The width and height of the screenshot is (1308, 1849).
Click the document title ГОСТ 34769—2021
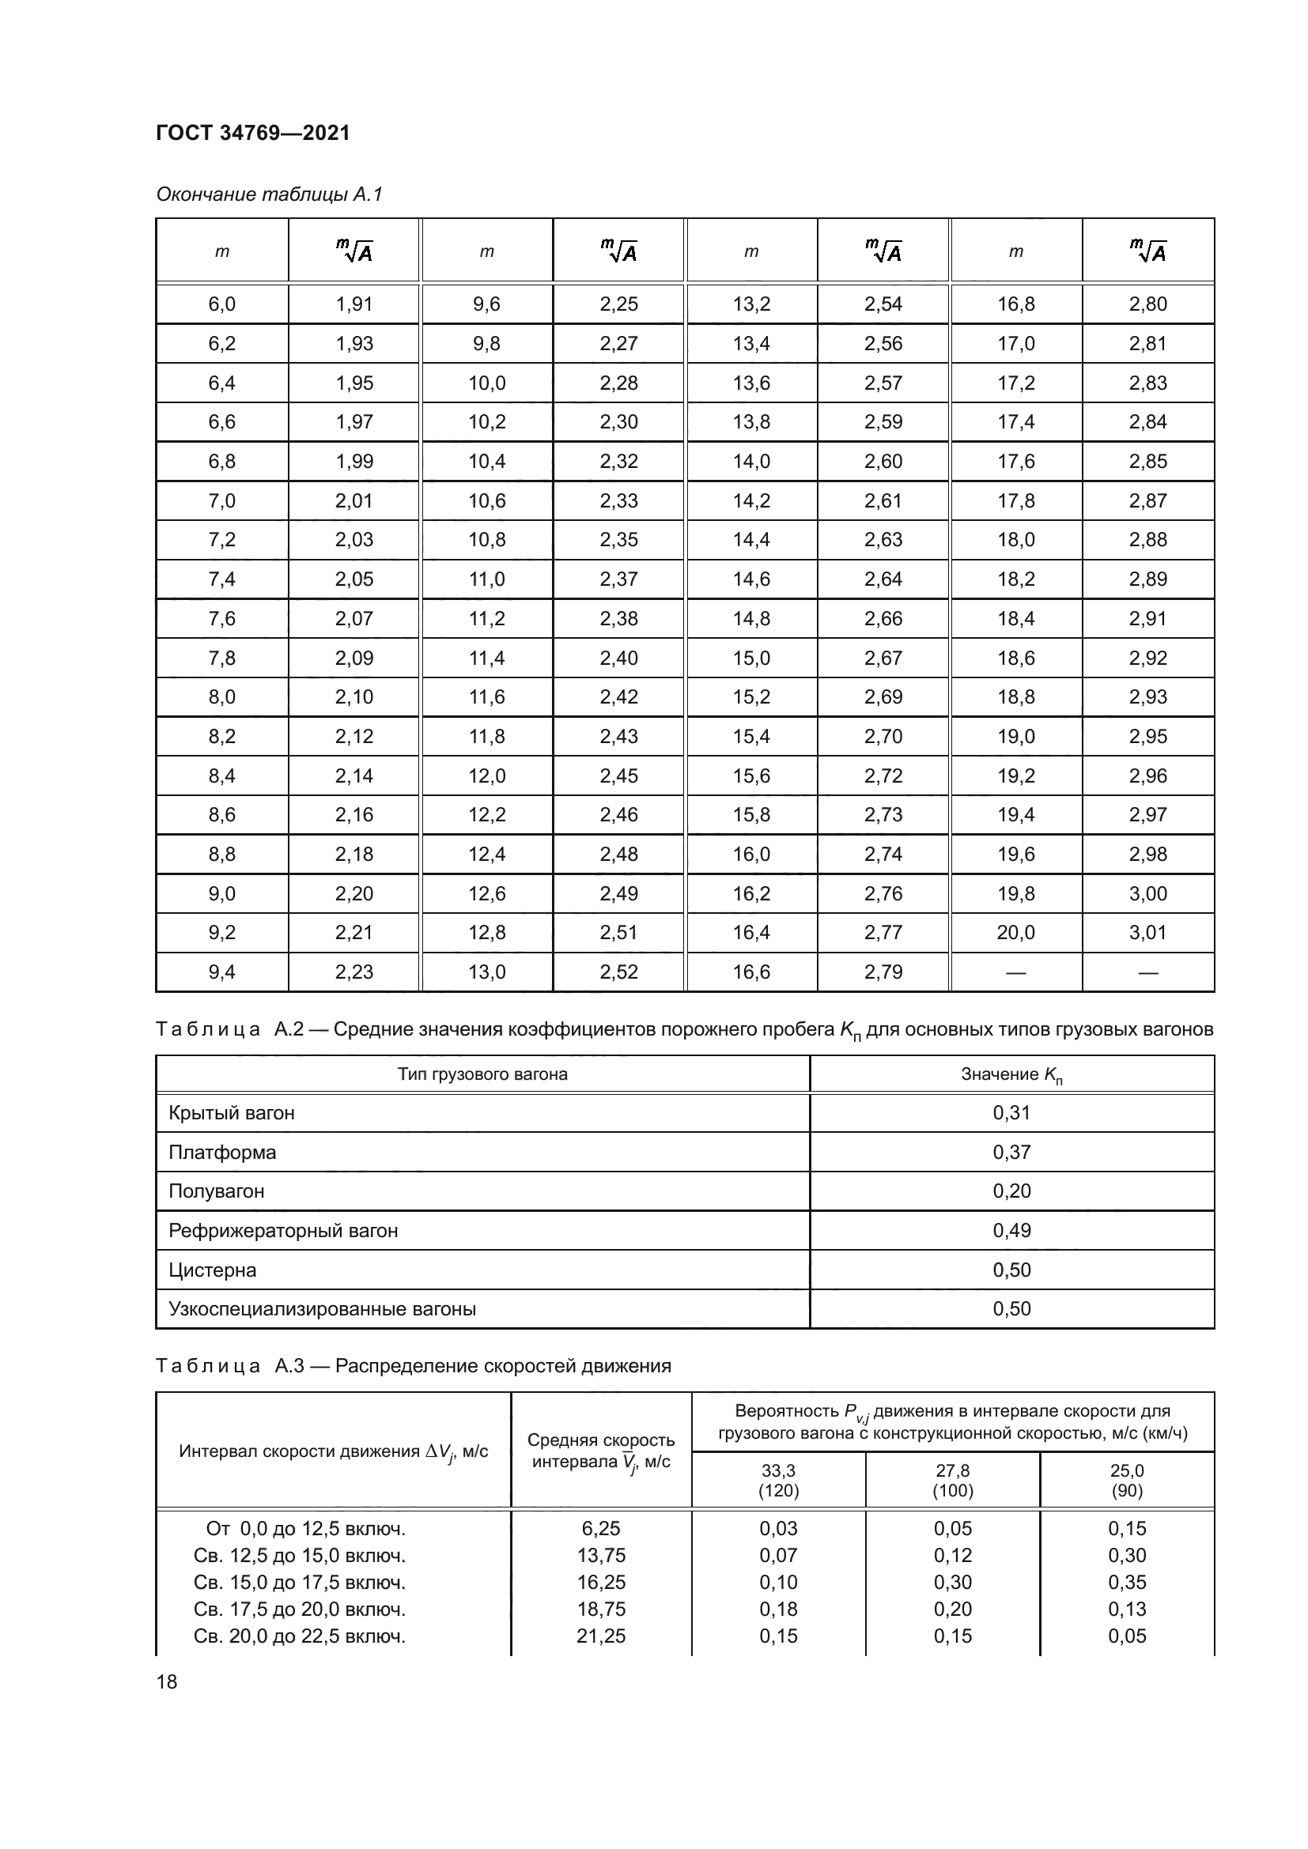tap(253, 133)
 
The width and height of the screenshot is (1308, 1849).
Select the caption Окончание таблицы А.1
tap(269, 194)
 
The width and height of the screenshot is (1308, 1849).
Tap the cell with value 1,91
tap(353, 304)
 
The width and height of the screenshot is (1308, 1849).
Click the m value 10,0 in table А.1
tap(486, 383)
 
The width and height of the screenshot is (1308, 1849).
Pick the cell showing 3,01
tap(1147, 933)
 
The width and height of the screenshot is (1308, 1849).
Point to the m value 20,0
tap(1015, 933)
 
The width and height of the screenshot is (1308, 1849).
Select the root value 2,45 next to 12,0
tap(618, 775)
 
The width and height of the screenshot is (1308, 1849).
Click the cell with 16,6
tap(750, 972)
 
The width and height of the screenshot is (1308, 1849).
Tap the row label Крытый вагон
tap(231, 1113)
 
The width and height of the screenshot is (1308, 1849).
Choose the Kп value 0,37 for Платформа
tap(1011, 1153)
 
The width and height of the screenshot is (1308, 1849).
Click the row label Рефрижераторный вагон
tap(282, 1231)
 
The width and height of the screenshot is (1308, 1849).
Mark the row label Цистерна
tap(212, 1270)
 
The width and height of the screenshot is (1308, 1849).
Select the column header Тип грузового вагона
tap(482, 1074)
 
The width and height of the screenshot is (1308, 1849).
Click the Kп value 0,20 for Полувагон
tap(1011, 1191)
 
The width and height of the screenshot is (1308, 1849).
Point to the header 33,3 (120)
tap(778, 1480)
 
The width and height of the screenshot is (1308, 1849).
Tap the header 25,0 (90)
tap(1126, 1480)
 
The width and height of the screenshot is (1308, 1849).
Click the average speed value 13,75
tap(601, 1555)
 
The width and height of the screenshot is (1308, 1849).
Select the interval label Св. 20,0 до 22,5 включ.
tap(300, 1636)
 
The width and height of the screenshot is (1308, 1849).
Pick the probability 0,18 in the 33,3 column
tap(778, 1609)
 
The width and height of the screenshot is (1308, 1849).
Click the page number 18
tap(167, 1681)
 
